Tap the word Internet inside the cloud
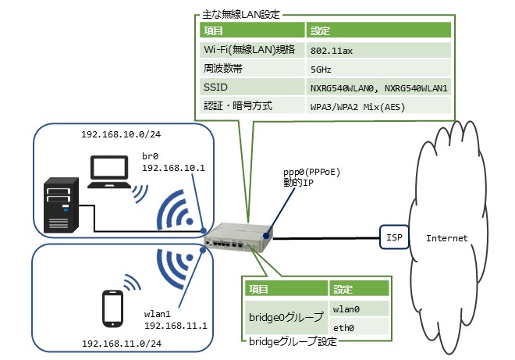pyautogui.click(x=447, y=237)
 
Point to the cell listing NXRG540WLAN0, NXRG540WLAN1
pyautogui.click(x=378, y=87)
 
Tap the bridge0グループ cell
pyautogui.click(x=286, y=318)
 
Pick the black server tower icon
pyautogui.click(x=62, y=205)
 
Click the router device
pyautogui.click(x=238, y=234)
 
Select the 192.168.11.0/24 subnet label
pyautogui.click(x=114, y=344)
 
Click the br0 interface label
pyautogui.click(x=151, y=156)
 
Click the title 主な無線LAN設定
pyautogui.click(x=243, y=14)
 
